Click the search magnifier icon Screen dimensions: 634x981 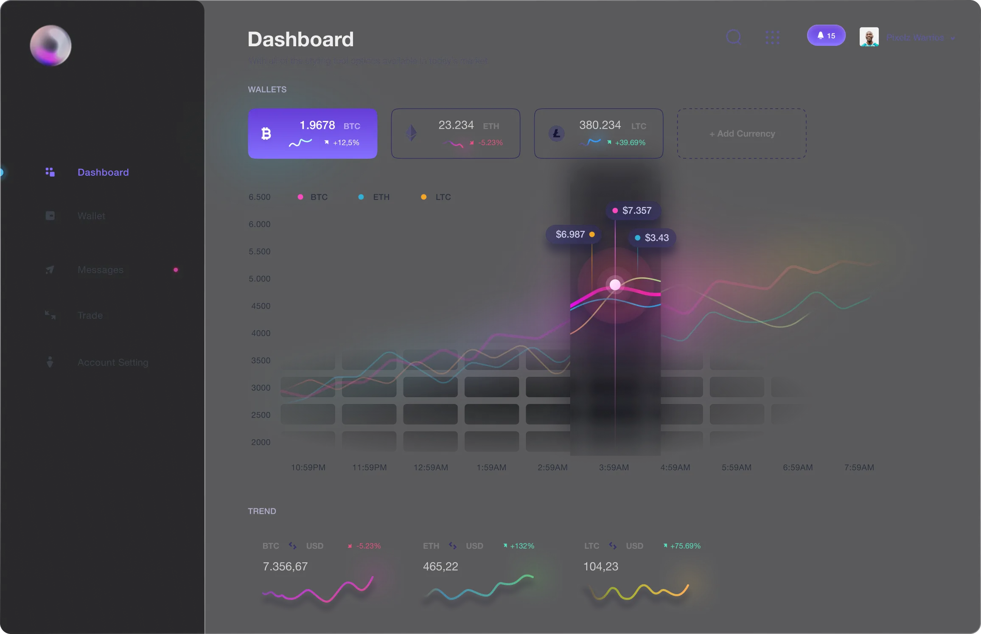point(734,37)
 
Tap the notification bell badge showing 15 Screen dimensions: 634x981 point(826,36)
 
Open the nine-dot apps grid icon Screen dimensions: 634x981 point(772,37)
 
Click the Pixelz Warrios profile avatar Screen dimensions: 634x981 point(869,37)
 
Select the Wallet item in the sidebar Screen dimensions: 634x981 point(91,216)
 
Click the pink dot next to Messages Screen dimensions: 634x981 point(176,270)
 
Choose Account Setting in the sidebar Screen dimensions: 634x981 point(112,362)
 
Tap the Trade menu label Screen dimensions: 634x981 point(90,315)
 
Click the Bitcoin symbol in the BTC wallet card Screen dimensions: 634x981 point(266,134)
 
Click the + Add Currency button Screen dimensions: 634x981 point(742,134)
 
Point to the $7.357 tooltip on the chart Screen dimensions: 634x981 point(633,210)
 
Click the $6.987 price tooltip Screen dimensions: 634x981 point(573,234)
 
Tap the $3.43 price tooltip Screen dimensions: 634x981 point(652,238)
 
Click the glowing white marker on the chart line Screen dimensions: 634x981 point(615,285)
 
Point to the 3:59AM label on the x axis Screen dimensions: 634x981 point(614,467)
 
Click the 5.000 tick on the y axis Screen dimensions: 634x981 point(260,279)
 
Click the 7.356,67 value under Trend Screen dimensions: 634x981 point(285,567)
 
